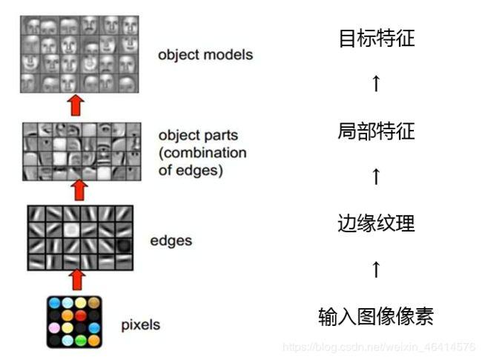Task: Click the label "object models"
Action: coord(205,55)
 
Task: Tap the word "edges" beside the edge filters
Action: coord(171,240)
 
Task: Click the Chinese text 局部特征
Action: coord(376,132)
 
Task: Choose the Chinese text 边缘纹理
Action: coord(376,223)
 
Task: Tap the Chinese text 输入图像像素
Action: coord(376,317)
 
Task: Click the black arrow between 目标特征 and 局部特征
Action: coord(376,83)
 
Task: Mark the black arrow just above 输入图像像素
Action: coord(376,269)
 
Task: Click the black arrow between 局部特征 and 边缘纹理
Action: coord(376,177)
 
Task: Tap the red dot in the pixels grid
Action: coord(81,315)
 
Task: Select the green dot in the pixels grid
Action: coord(81,340)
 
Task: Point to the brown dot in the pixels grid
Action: coord(94,303)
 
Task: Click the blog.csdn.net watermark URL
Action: coord(380,347)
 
